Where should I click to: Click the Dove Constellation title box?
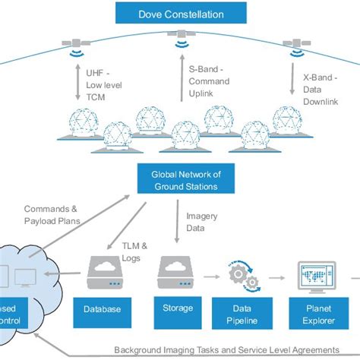pyautogui.click(x=180, y=13)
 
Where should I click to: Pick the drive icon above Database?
pyautogui.click(x=105, y=271)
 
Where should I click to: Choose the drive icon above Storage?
pyautogui.click(x=175, y=271)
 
